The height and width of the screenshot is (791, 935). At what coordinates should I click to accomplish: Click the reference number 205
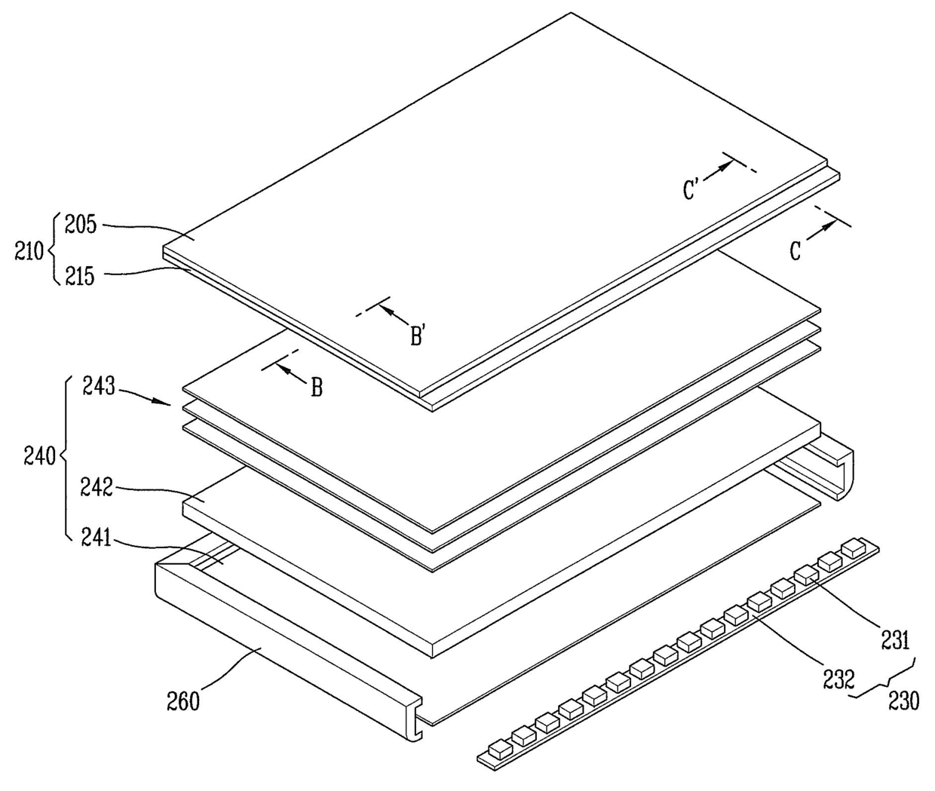tap(81, 225)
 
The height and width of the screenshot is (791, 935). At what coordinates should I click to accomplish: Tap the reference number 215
tap(79, 277)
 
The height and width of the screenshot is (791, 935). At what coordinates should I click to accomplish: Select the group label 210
tap(29, 250)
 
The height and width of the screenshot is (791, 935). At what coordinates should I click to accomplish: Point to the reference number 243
tap(100, 388)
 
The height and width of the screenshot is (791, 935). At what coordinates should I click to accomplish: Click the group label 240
tap(39, 456)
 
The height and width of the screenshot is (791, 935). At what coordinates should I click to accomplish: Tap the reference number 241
tap(96, 538)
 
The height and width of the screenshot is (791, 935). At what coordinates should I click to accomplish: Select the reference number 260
tap(184, 701)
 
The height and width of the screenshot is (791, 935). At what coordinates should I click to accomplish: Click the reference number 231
tap(895, 641)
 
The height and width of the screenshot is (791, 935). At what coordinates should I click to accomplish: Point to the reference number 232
tap(839, 679)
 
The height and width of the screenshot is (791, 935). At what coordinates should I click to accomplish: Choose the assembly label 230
tap(903, 701)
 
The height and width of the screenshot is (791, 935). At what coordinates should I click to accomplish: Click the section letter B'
tap(419, 336)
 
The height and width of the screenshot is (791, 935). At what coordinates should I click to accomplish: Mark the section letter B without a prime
tap(317, 388)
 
